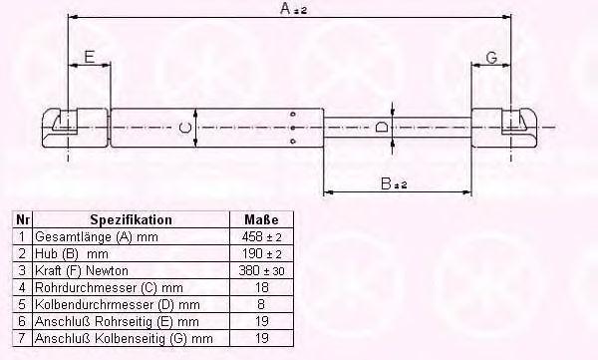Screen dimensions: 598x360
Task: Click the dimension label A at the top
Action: (x=293, y=8)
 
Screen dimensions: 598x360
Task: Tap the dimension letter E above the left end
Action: (x=90, y=57)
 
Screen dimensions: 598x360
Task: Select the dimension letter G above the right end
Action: (x=491, y=58)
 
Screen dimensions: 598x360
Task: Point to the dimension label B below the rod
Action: (x=394, y=183)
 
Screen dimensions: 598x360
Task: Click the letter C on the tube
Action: (x=185, y=128)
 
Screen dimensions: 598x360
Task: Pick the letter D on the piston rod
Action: (x=382, y=127)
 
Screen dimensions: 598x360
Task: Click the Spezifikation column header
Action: (x=131, y=220)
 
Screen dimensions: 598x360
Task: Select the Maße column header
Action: (x=261, y=220)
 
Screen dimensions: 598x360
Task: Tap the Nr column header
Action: (x=23, y=220)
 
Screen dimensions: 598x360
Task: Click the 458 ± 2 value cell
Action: (x=261, y=236)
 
